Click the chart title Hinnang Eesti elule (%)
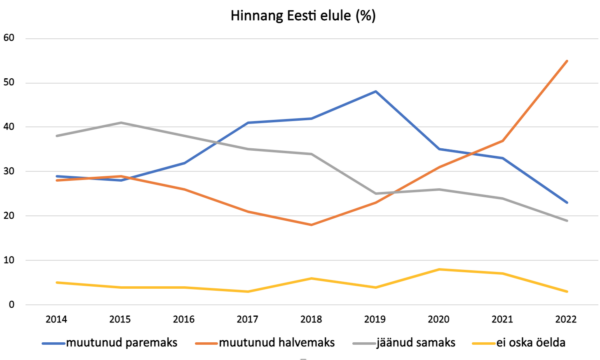(300, 14)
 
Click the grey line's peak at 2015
(121, 123)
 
